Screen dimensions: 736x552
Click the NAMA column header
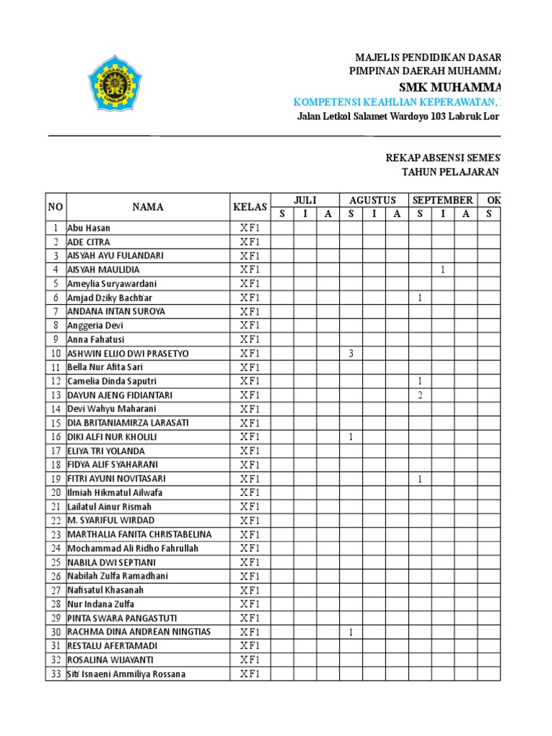(147, 207)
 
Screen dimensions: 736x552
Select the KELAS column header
(249, 207)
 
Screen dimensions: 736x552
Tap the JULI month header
(305, 200)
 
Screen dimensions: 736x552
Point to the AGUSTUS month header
(373, 200)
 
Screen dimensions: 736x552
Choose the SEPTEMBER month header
(442, 200)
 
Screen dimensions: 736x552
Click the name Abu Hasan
(89, 228)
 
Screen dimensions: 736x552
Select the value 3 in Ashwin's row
(351, 354)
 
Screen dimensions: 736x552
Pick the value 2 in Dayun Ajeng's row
(420, 395)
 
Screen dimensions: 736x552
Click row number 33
(55, 673)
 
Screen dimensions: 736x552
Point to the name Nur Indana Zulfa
(101, 604)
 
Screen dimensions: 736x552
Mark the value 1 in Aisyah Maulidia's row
(443, 270)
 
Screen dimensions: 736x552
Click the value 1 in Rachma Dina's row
(351, 632)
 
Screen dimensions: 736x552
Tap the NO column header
(55, 207)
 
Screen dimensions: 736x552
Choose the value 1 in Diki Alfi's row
(351, 437)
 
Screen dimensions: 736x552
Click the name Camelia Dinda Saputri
(111, 381)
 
